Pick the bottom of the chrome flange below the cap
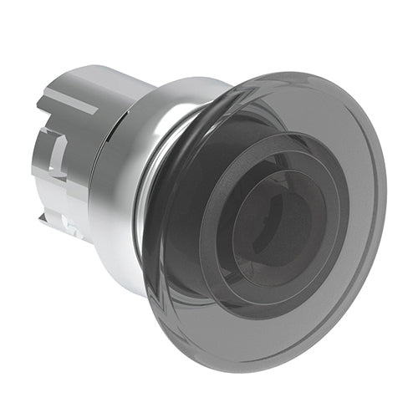[125, 276]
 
